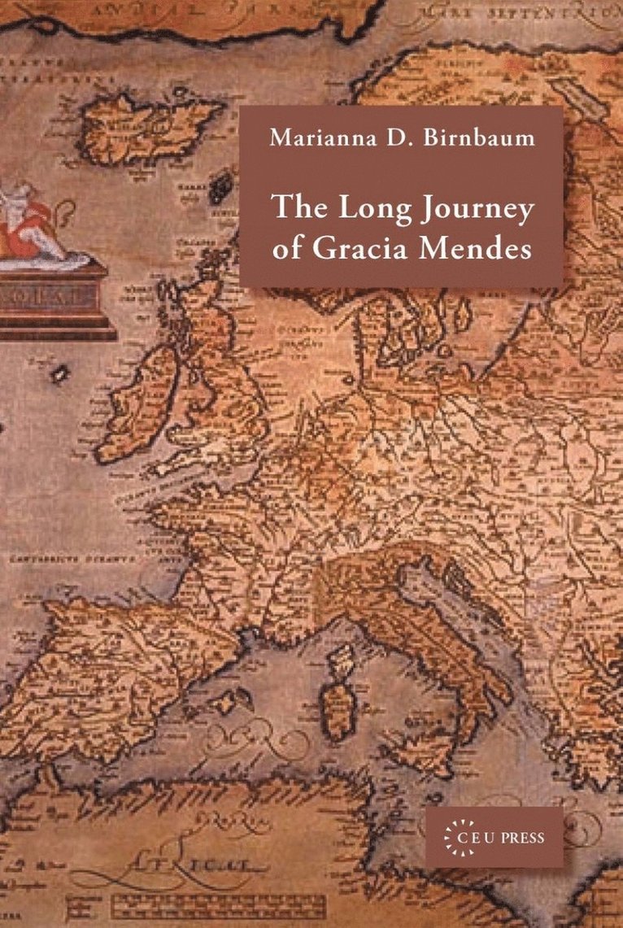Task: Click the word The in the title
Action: coord(295,208)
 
